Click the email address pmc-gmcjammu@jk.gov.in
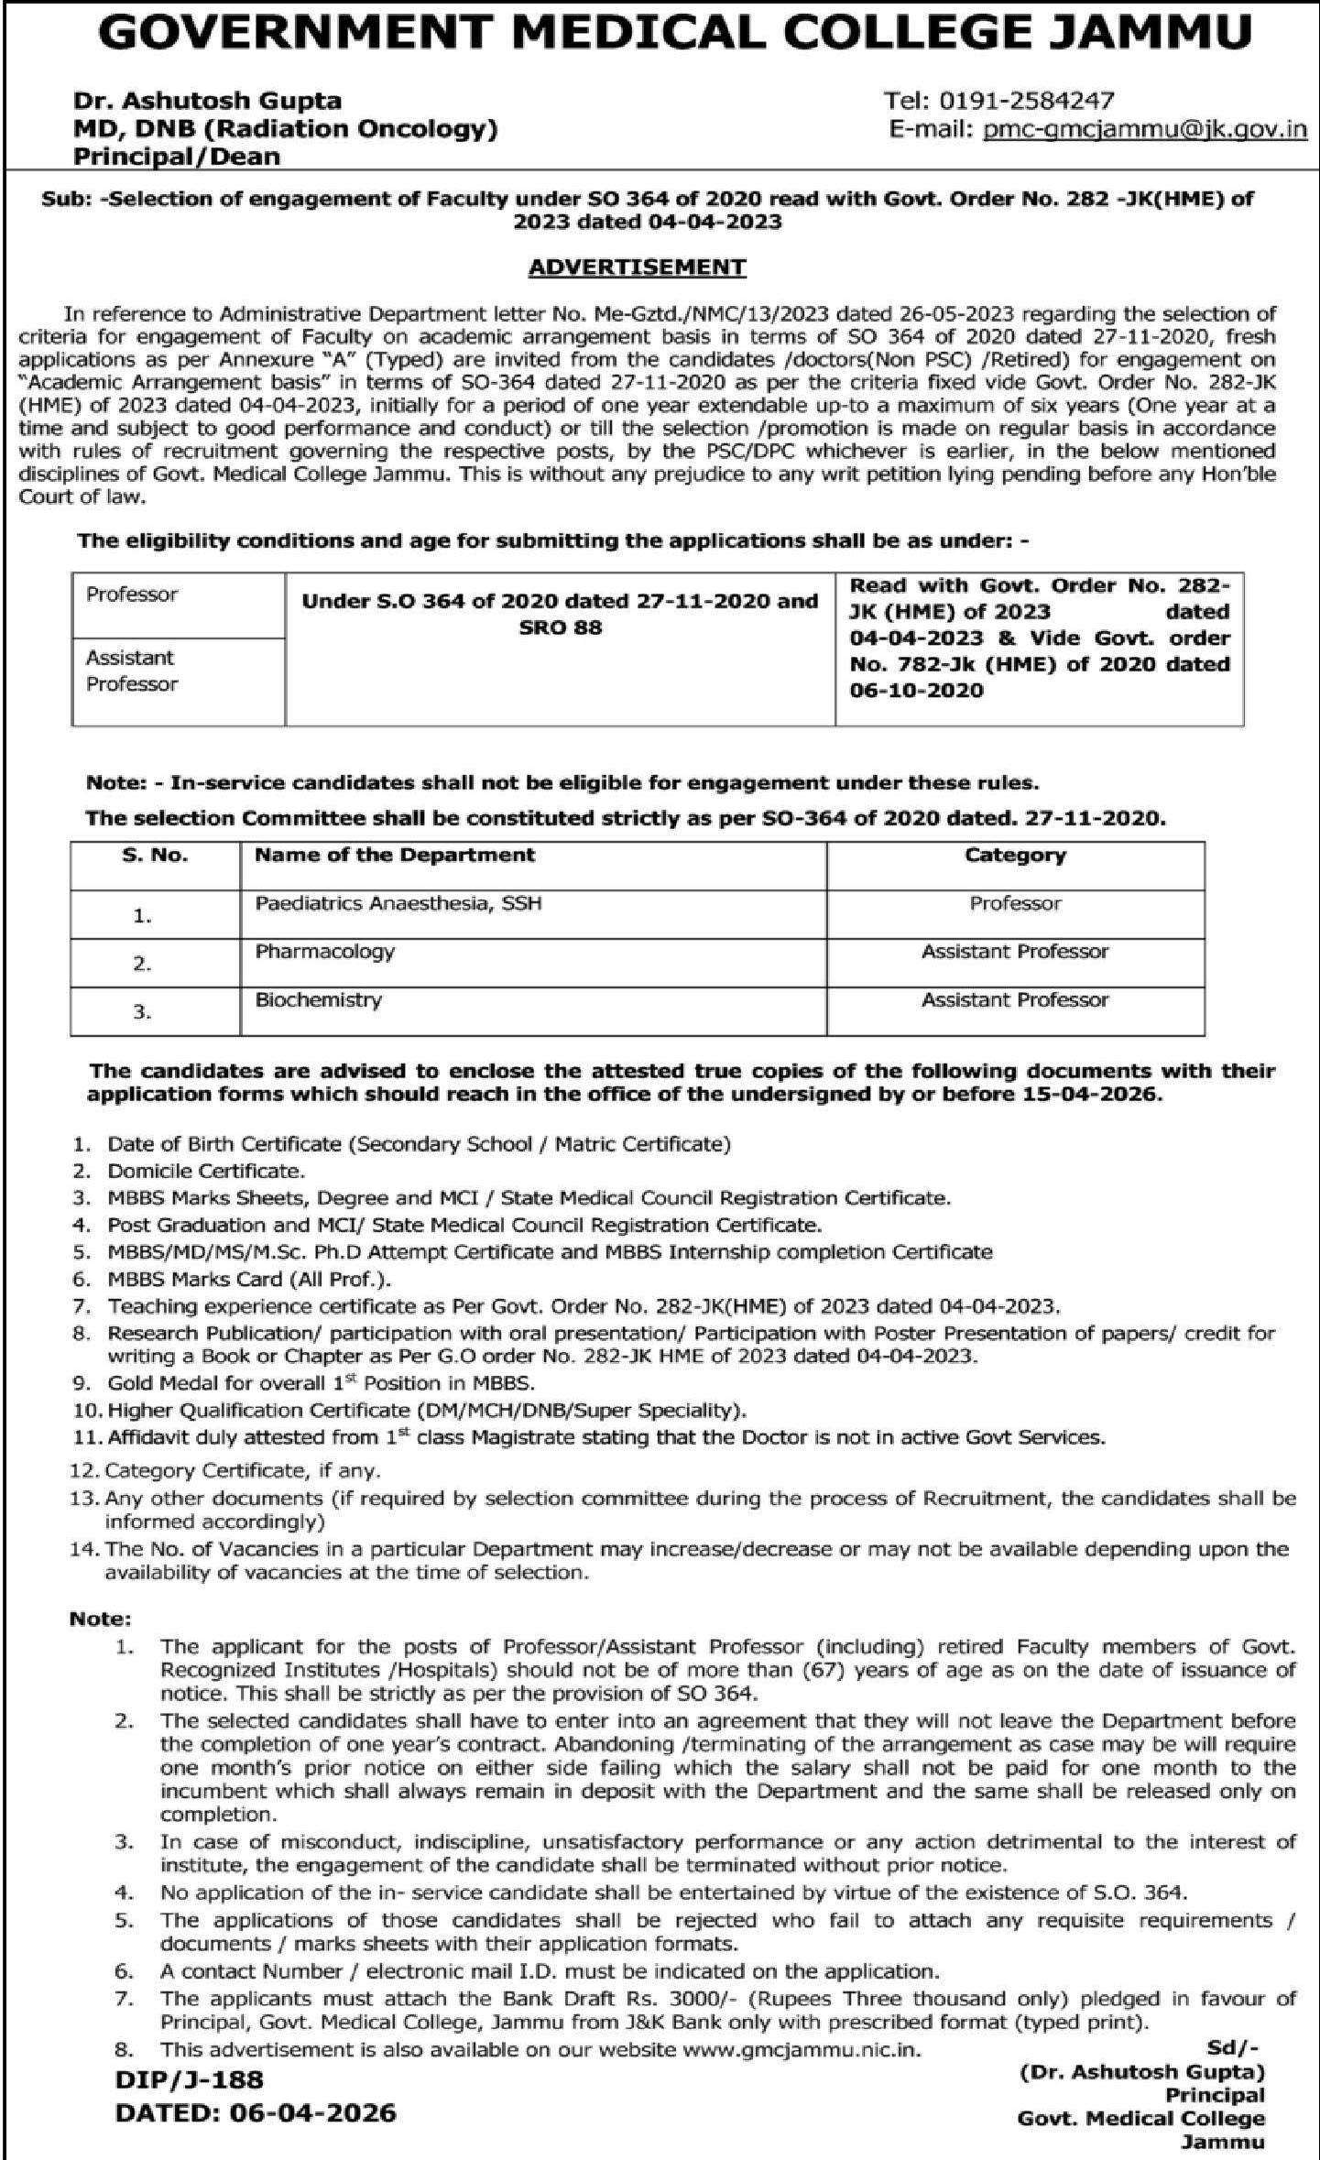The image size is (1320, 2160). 1144,128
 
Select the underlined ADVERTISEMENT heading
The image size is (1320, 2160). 638,267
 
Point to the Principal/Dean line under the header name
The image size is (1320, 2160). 177,157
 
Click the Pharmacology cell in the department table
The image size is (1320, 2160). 325,951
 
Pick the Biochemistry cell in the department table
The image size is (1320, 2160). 319,999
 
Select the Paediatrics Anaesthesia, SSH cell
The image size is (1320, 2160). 398,903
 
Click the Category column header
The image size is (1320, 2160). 1015,856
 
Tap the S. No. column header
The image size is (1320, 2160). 155,856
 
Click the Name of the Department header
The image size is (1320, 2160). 395,856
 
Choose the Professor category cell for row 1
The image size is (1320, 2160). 1015,903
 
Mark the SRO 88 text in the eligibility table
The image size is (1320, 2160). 560,627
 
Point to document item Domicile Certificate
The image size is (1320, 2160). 205,1171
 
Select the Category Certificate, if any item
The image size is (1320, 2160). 243,1471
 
